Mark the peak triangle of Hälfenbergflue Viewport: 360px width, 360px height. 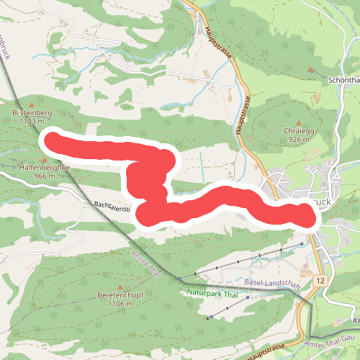pos(45,159)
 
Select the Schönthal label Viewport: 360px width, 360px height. pos(343,81)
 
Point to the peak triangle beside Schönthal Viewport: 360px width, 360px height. pos(311,70)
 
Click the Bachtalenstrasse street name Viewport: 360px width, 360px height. pos(112,207)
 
